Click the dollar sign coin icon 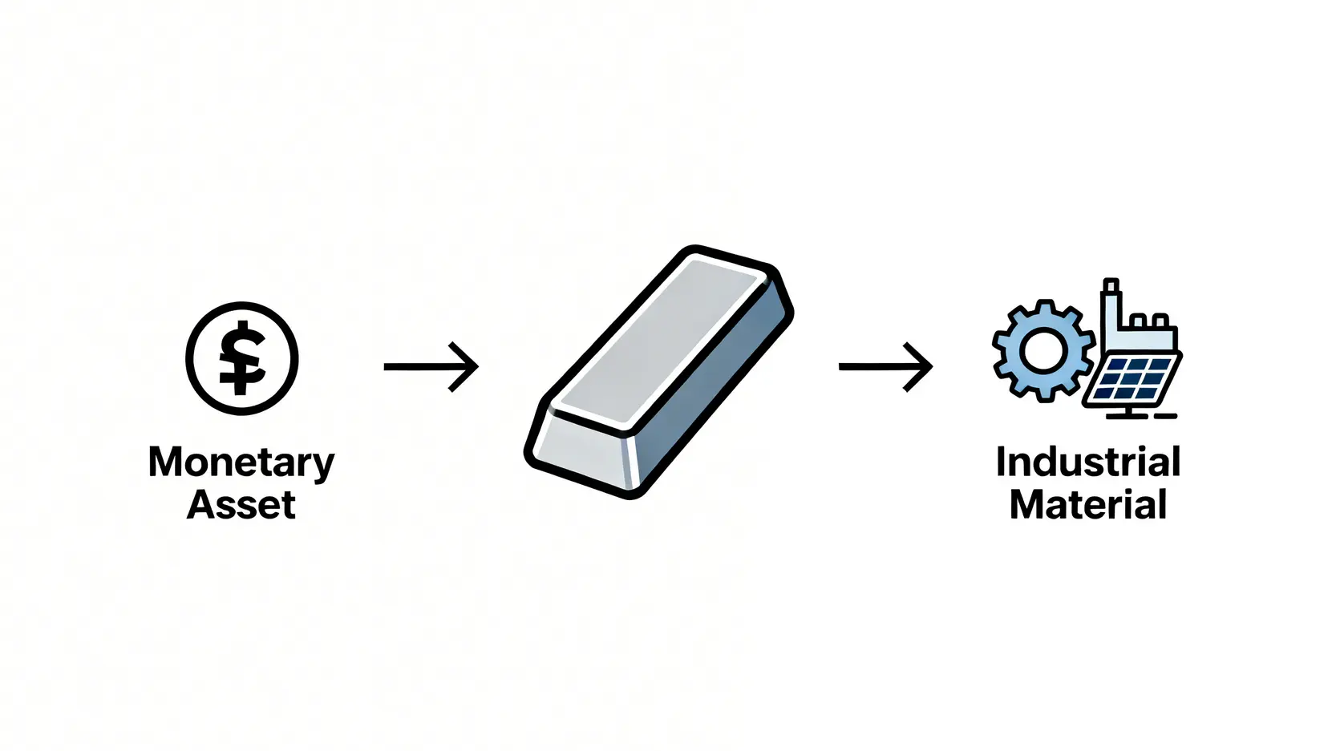[242, 358]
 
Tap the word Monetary [241, 463]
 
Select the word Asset [241, 505]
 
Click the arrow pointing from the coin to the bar [431, 367]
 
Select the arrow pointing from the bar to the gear [885, 367]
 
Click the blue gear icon [1042, 350]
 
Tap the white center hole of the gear [1042, 351]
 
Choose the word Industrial [1087, 462]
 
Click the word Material [1087, 505]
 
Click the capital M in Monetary [166, 463]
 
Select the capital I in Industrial [1002, 462]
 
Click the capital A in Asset [200, 505]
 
